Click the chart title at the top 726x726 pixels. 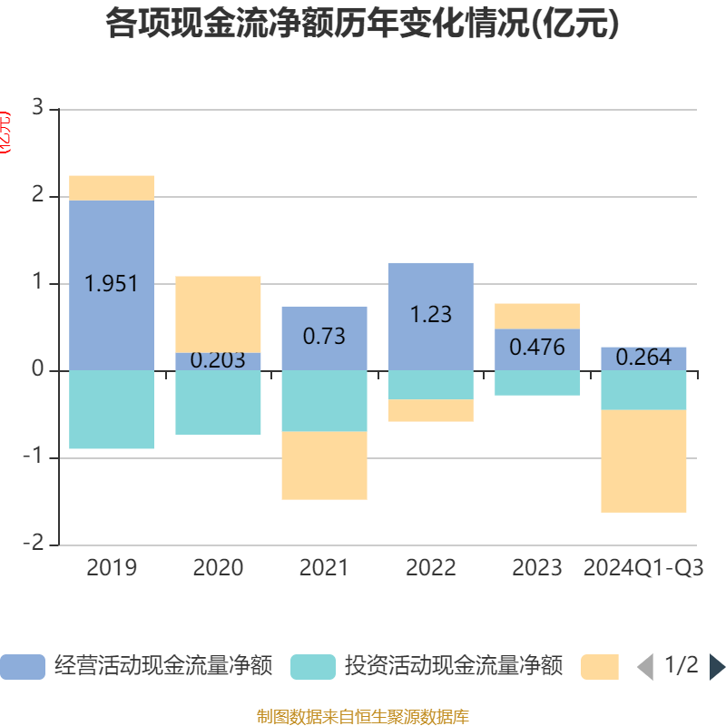[363, 24]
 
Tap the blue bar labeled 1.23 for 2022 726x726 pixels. [430, 290]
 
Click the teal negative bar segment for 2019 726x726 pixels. [112, 409]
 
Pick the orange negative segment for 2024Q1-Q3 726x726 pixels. [643, 461]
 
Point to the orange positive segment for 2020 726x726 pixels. [218, 314]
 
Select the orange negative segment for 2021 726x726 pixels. [324, 466]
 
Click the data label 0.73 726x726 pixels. [324, 336]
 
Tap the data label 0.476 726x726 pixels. [537, 348]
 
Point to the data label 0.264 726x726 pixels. [643, 358]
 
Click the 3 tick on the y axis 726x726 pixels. [37, 108]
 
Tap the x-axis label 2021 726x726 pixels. [324, 568]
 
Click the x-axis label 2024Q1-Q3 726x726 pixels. [643, 568]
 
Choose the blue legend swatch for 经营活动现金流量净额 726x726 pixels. [23, 667]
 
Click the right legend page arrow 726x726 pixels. [717, 667]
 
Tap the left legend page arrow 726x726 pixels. [645, 667]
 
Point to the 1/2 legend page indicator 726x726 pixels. [681, 666]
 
